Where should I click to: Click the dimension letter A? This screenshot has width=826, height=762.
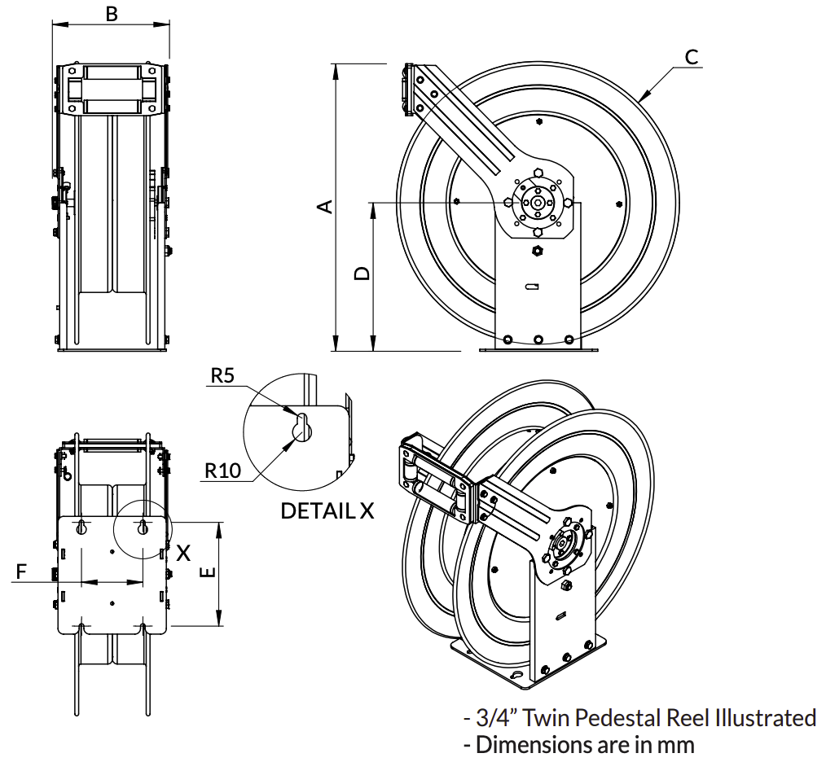(x=325, y=205)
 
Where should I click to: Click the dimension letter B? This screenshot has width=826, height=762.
(x=112, y=13)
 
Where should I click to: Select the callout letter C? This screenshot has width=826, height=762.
(x=691, y=57)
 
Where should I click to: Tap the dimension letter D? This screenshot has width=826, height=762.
(x=362, y=273)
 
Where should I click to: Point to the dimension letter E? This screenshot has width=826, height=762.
(x=209, y=572)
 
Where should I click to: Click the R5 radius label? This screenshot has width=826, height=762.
(x=222, y=375)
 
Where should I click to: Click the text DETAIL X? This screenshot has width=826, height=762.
(x=327, y=511)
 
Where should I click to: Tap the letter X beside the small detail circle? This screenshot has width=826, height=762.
(x=184, y=553)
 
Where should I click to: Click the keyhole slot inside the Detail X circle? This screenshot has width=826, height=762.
(x=303, y=425)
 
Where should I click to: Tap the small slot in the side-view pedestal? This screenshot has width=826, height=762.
(x=533, y=286)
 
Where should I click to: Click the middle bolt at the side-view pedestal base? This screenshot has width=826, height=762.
(x=538, y=339)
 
